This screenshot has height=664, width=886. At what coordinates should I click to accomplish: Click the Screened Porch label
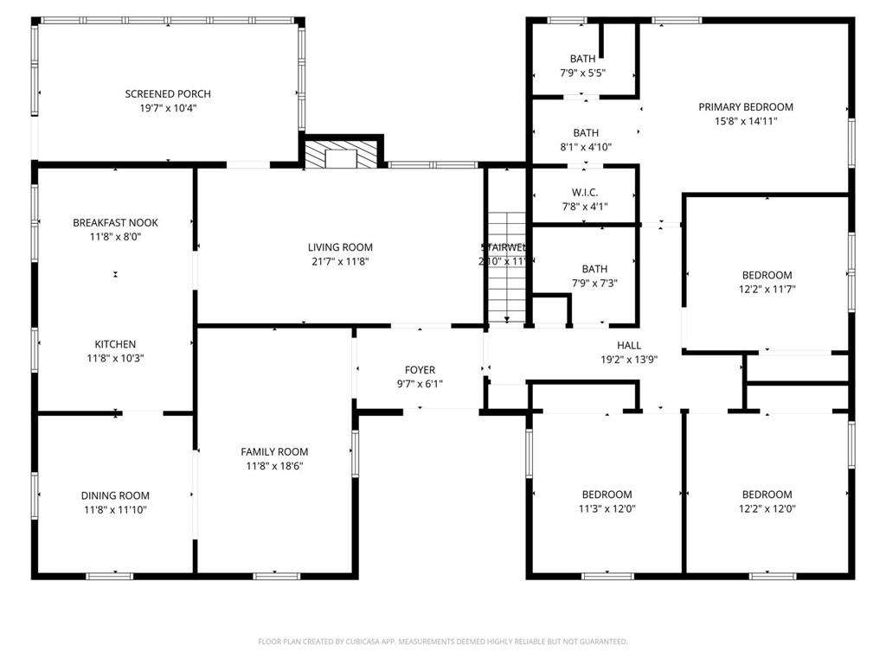tap(168, 94)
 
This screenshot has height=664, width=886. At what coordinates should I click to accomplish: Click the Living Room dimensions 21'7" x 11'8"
tap(340, 261)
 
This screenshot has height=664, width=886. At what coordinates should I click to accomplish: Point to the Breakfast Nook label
tap(115, 223)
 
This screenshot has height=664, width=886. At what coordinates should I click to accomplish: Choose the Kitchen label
tap(115, 344)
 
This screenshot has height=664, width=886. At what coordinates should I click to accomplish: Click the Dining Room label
tap(115, 495)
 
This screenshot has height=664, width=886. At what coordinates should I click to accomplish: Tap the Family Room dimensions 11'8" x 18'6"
tap(274, 466)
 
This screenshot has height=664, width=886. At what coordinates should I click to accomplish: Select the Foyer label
tap(420, 370)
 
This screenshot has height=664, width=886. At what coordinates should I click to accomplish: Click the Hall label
tap(629, 346)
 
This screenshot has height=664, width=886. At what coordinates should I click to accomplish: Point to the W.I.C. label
tap(585, 192)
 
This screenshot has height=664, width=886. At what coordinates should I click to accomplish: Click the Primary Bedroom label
tap(745, 107)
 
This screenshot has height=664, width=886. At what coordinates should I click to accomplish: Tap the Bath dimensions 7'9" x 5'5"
tap(582, 73)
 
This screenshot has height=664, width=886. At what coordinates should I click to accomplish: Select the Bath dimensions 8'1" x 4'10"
tap(586, 147)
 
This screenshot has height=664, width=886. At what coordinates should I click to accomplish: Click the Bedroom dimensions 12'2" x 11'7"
tap(767, 290)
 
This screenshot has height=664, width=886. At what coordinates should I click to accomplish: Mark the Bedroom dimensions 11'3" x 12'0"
tap(607, 509)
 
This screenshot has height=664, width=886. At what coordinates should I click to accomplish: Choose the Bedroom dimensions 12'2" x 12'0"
tap(767, 509)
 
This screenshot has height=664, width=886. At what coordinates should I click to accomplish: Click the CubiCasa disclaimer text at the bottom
tap(442, 642)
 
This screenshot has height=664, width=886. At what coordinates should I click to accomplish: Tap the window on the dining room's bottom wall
tap(110, 576)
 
